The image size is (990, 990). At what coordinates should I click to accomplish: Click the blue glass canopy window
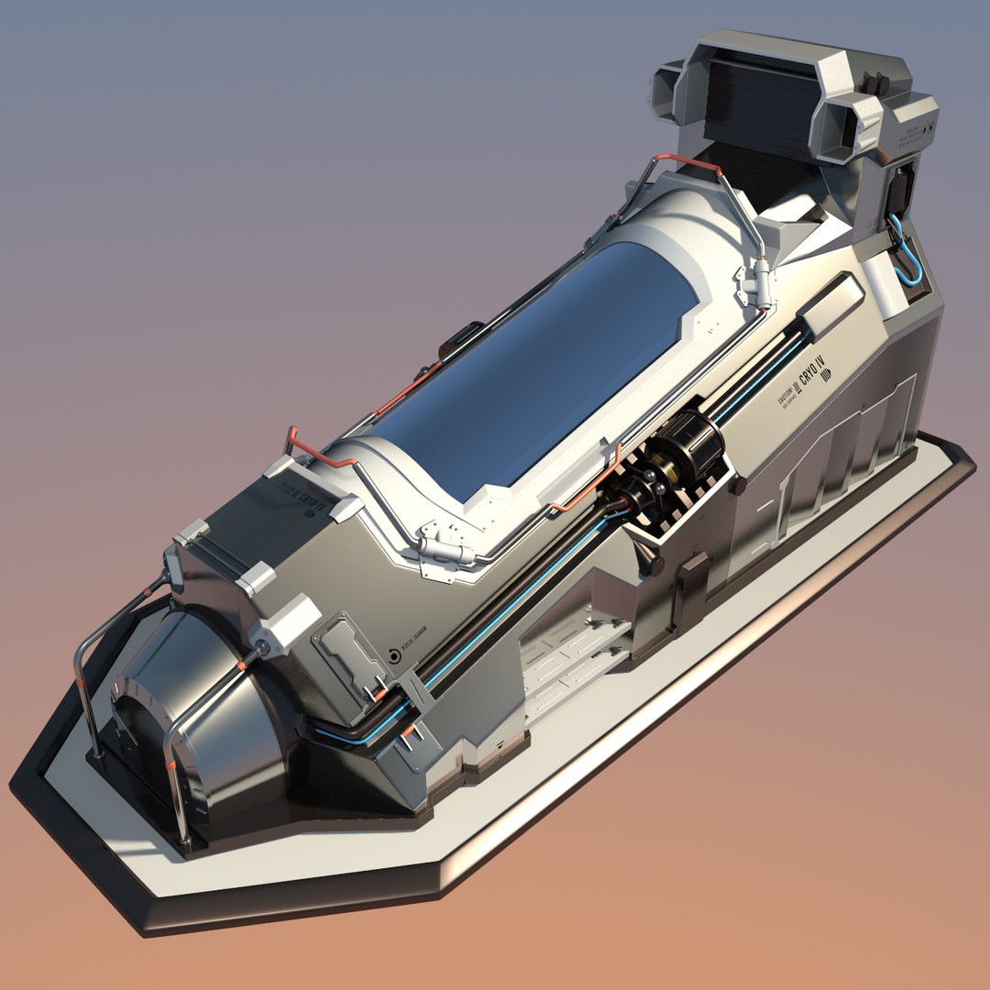tap(541, 367)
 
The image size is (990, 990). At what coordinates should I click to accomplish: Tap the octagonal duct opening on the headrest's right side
tap(857, 128)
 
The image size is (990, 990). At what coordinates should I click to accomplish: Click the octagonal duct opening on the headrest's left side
tap(667, 92)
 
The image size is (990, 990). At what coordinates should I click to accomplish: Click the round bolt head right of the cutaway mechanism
tap(739, 485)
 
